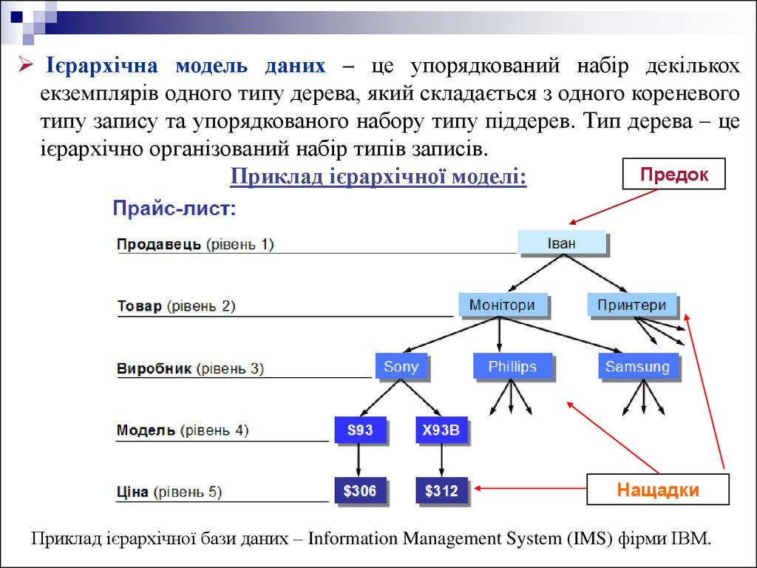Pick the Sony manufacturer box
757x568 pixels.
[x=401, y=367]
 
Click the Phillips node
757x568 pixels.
[x=512, y=366]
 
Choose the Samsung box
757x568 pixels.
[x=637, y=366]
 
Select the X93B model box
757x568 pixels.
[x=441, y=430]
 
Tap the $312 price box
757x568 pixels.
[x=441, y=490]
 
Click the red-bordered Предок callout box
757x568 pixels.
[x=674, y=175]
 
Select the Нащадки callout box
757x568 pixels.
[x=658, y=490]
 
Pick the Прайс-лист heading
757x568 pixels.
[x=174, y=209]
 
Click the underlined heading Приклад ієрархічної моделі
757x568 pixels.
[x=378, y=177]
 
